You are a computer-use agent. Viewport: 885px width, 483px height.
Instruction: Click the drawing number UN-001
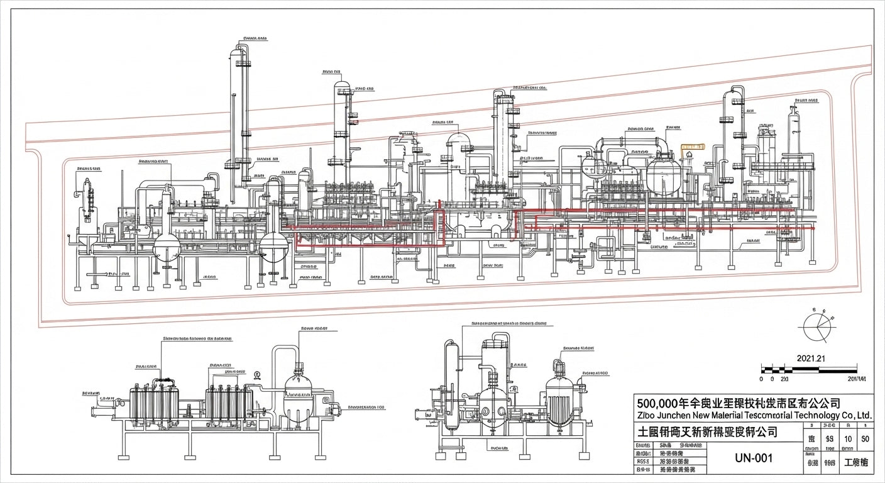754,458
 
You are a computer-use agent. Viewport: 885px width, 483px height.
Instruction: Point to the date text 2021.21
810,358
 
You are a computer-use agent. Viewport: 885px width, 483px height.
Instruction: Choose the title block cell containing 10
849,438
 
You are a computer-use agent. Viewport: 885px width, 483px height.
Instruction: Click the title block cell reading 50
865,438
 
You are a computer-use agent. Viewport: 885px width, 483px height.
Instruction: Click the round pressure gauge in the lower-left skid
257,375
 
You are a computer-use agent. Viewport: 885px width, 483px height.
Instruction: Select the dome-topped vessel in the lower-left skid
297,396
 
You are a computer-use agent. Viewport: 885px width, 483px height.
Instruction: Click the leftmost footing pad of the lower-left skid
124,455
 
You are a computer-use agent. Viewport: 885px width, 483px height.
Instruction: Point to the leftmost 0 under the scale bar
762,379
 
